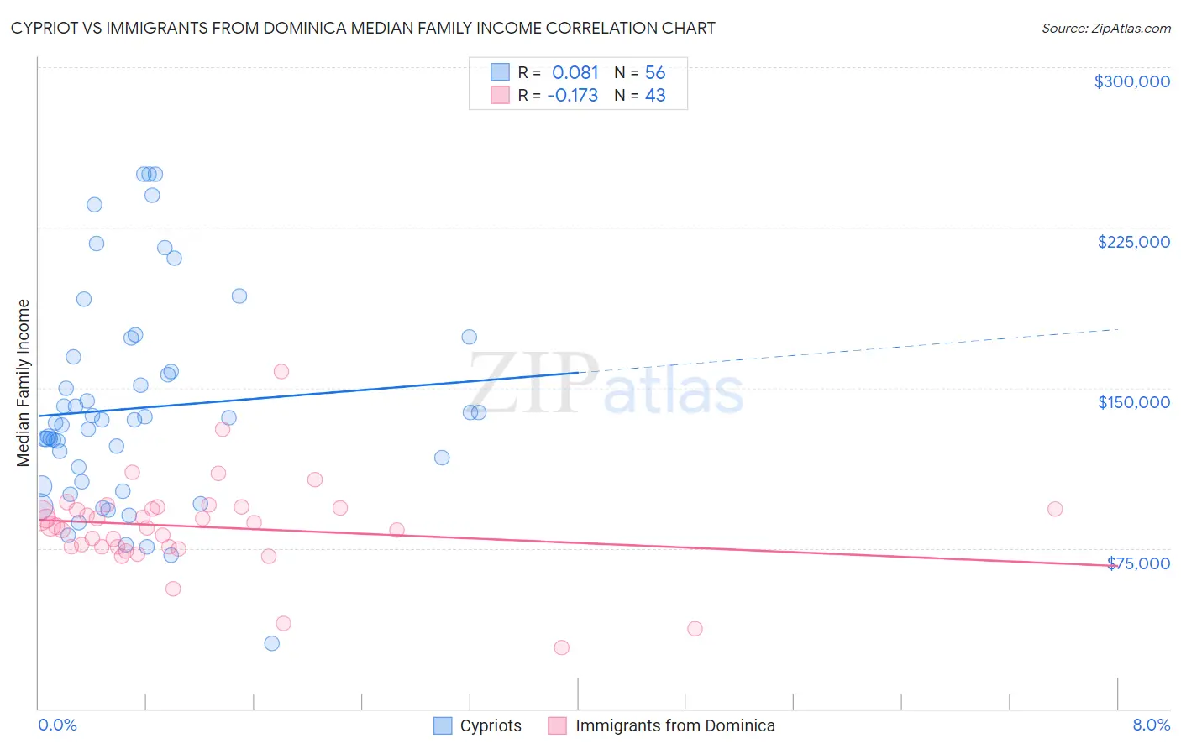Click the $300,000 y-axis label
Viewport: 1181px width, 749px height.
[x=1131, y=81]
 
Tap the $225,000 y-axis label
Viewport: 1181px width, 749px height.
[x=1133, y=242]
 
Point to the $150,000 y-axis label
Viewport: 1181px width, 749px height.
[x=1133, y=402]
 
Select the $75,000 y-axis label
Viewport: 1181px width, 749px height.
[x=1138, y=563]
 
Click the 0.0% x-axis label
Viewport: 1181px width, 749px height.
[x=57, y=725]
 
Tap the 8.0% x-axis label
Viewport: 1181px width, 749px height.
[x=1151, y=725]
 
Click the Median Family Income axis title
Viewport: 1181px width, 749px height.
[x=24, y=382]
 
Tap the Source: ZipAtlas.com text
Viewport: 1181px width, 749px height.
[x=1105, y=28]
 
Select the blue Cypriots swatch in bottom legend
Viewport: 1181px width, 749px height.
[x=443, y=725]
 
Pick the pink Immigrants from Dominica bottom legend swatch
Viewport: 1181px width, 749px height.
[x=558, y=725]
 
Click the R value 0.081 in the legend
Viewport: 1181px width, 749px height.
[x=575, y=73]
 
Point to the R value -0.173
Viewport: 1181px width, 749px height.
[x=572, y=96]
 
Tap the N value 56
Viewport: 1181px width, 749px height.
[x=655, y=73]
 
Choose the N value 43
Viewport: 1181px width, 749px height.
[x=655, y=96]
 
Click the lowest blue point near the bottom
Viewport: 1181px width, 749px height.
[x=271, y=643]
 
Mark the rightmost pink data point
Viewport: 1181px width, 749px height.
[x=1055, y=509]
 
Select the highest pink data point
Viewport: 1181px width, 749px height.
[x=281, y=371]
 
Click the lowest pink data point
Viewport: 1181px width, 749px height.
[x=561, y=647]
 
